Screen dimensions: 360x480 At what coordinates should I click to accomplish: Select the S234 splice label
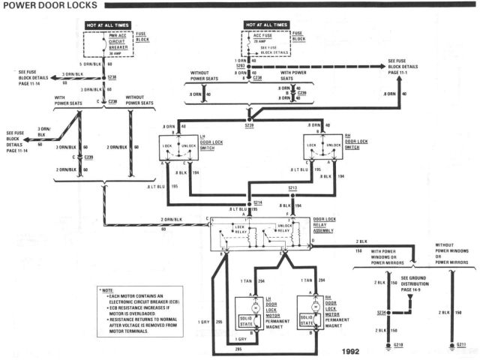(382, 311)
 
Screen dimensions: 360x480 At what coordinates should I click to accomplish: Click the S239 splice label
(250, 125)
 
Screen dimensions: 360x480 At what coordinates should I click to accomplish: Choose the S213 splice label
(294, 188)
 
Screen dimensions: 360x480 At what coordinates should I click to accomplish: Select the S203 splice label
(239, 67)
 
